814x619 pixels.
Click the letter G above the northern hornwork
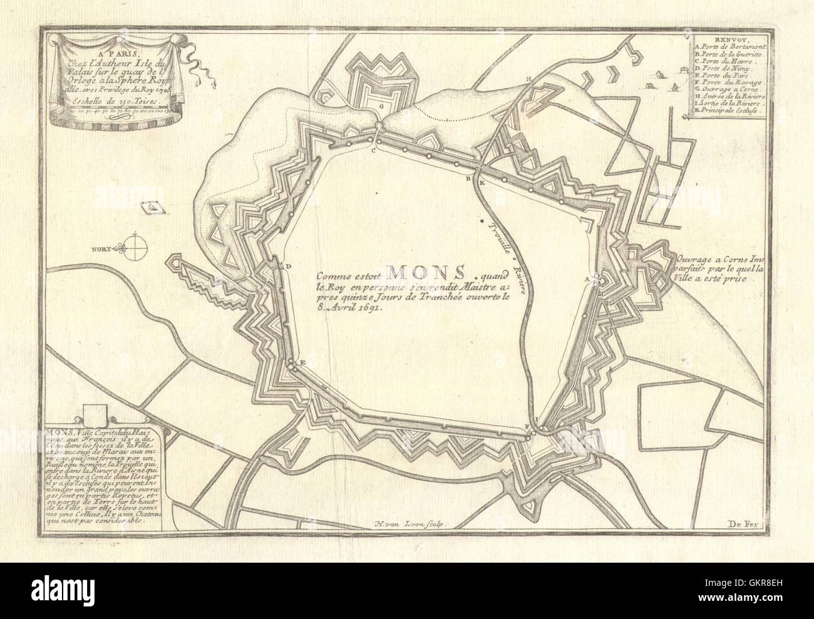[x=380, y=106]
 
